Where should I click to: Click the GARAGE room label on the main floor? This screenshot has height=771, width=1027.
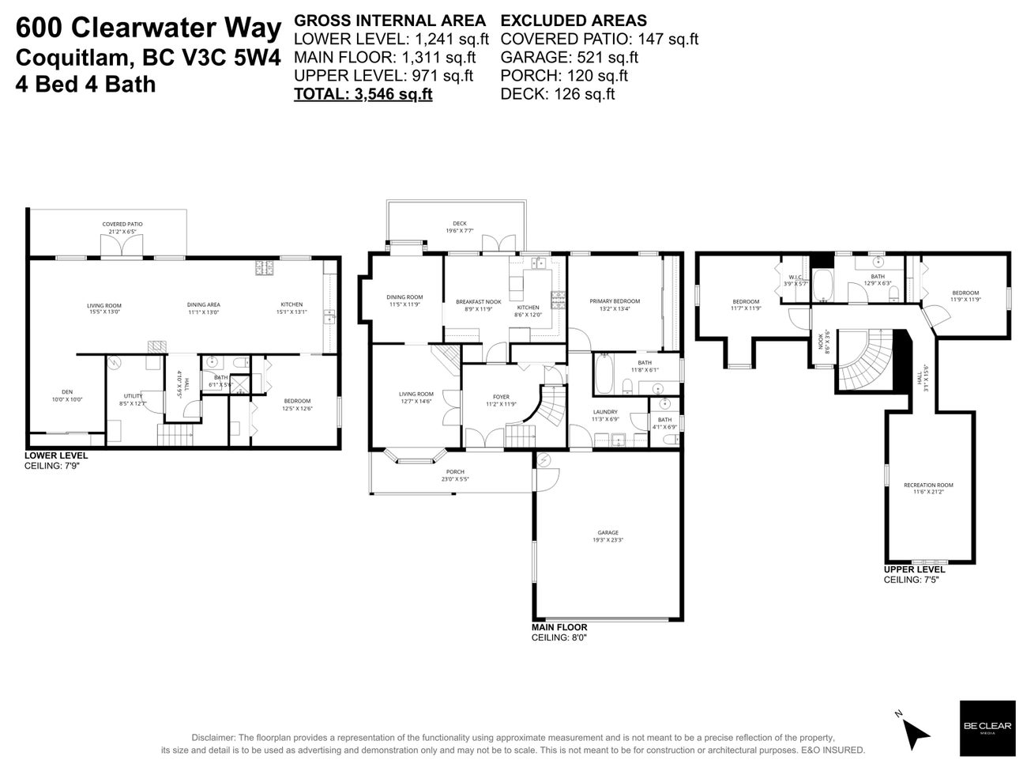click(608, 532)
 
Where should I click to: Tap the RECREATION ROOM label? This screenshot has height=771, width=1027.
click(928, 485)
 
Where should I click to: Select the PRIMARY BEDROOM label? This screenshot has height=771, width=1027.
click(615, 301)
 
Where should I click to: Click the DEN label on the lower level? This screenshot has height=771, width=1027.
click(66, 391)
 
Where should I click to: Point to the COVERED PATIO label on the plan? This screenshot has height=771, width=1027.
click(122, 224)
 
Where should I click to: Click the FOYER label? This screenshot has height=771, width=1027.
click(501, 397)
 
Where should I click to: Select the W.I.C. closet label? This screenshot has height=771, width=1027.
click(795, 277)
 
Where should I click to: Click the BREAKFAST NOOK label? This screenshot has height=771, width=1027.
click(478, 301)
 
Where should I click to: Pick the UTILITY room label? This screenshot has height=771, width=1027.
click(133, 395)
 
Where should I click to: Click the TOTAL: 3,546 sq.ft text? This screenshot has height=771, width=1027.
click(363, 94)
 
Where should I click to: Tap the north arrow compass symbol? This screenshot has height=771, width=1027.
click(915, 731)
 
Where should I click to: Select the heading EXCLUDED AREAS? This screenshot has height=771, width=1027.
click(574, 21)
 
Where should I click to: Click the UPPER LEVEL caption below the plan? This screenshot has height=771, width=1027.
click(914, 569)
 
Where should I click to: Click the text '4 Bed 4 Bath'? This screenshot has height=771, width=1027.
click(85, 84)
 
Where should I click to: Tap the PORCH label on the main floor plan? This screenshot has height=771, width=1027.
click(455, 472)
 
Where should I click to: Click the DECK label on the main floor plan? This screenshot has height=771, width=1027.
click(459, 224)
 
